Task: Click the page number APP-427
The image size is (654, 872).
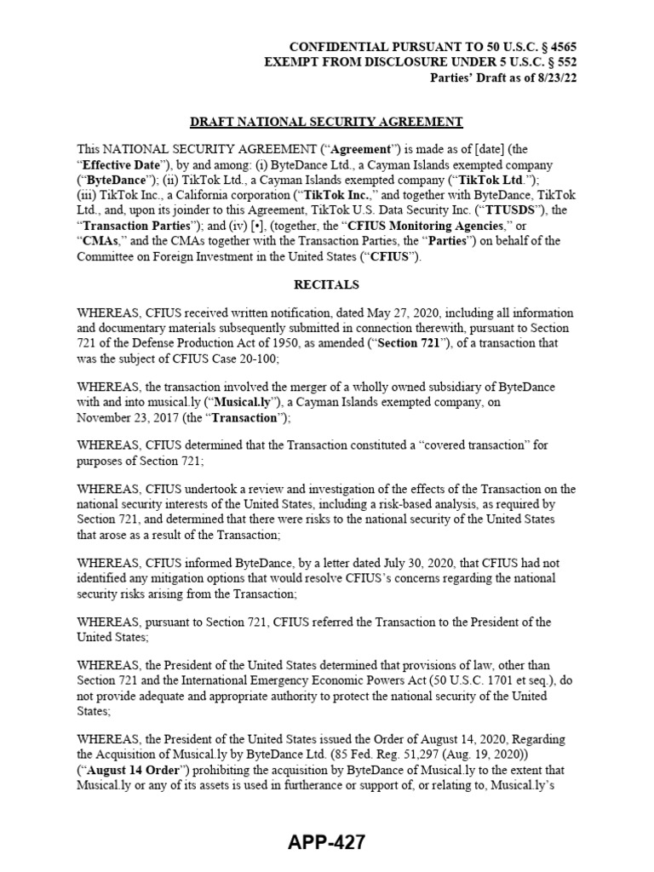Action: (326, 843)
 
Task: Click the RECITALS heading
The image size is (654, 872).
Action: (326, 284)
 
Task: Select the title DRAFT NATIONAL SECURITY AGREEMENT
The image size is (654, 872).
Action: (326, 122)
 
